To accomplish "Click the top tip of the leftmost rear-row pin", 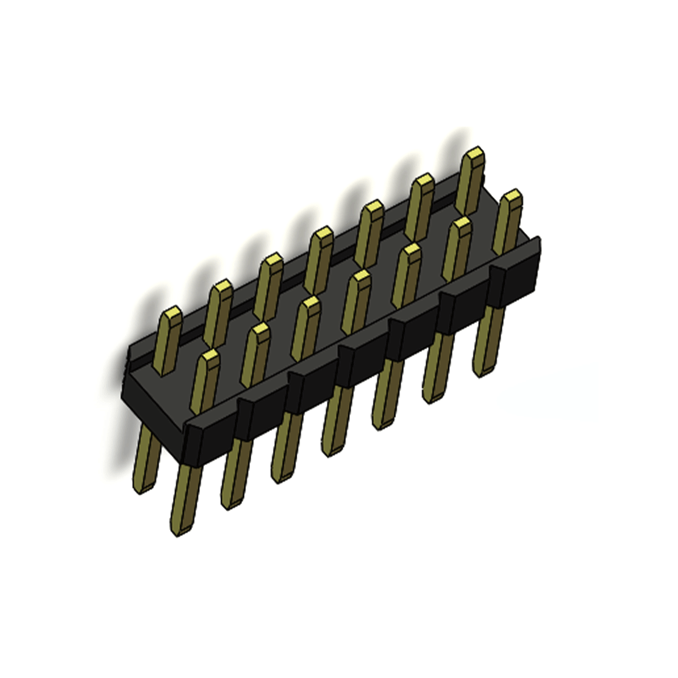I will [173, 314].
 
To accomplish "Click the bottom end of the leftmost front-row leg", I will [179, 530].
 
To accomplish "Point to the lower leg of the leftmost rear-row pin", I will [145, 460].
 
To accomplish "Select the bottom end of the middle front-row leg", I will [330, 450].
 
